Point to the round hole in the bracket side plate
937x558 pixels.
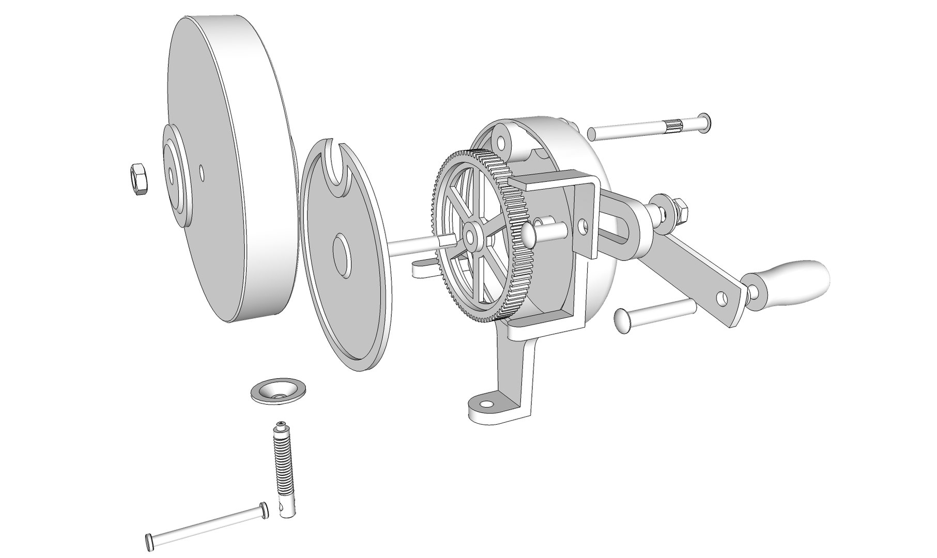point(582,226)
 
